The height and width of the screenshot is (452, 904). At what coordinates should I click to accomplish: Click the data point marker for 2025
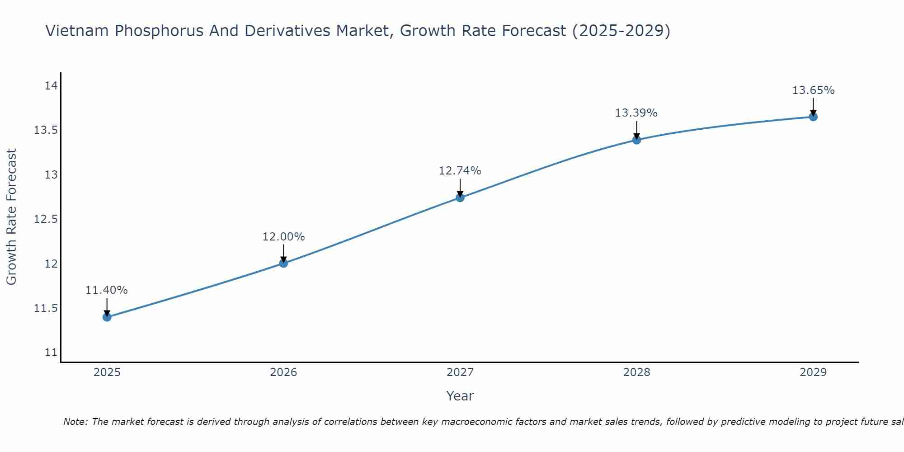107,317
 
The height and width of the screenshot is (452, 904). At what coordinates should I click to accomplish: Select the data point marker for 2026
283,263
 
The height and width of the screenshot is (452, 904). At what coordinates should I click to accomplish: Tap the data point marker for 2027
460,197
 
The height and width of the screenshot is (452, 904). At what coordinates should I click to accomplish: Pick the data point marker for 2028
636,140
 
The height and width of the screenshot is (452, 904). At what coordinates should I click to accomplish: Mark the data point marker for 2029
813,117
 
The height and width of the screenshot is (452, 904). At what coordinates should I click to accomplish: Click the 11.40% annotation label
107,290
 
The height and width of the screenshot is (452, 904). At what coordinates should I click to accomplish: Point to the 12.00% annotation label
283,237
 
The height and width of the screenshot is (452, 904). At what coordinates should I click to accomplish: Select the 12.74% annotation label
460,171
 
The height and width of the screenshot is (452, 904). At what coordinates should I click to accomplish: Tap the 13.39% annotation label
636,113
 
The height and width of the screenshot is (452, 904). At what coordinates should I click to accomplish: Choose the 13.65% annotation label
813,90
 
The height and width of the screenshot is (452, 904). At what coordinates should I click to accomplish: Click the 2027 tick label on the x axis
460,372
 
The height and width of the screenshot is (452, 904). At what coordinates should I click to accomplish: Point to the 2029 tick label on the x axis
813,372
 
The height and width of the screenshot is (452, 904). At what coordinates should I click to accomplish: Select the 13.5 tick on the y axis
46,131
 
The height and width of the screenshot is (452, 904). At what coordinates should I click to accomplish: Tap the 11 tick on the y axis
51,353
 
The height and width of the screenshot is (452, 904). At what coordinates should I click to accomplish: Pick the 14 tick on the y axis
51,86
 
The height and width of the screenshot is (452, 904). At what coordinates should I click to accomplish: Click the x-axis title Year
460,396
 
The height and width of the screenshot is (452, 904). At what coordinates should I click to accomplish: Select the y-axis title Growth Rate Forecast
11,217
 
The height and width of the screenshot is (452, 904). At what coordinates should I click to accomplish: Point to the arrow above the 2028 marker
636,129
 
